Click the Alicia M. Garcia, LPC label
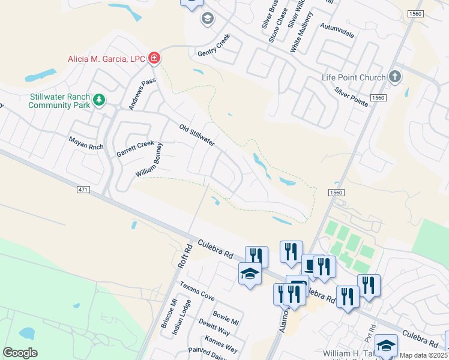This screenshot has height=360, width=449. coord(106,59)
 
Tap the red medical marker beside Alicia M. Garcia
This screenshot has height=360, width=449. coord(154,58)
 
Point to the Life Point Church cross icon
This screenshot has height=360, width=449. coord(394,77)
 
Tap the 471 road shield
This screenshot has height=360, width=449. coord(83,190)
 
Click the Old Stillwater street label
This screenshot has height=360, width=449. coord(197,135)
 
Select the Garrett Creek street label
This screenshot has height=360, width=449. coord(135,148)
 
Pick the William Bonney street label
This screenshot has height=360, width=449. coord(149,160)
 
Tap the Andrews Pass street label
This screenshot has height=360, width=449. coord(142,94)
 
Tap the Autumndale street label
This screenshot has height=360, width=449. coord(337,30)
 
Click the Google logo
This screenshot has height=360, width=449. coord(20,353)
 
